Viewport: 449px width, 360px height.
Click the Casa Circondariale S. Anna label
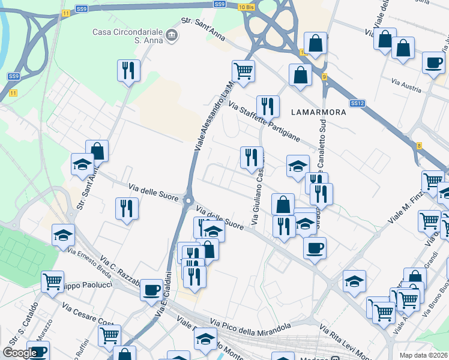128,36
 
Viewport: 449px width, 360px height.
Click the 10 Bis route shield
247,7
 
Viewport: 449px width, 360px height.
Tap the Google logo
20,352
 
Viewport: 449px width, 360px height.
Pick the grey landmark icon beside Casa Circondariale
172,36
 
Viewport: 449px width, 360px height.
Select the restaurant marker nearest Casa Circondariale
129,70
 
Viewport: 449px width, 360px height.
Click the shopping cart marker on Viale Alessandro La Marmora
243,71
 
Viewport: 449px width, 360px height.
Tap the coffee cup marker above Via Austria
433,62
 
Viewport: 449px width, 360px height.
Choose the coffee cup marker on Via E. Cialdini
152,290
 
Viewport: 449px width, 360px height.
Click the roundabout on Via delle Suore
188,200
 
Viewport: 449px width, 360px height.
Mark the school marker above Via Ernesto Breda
63,235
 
